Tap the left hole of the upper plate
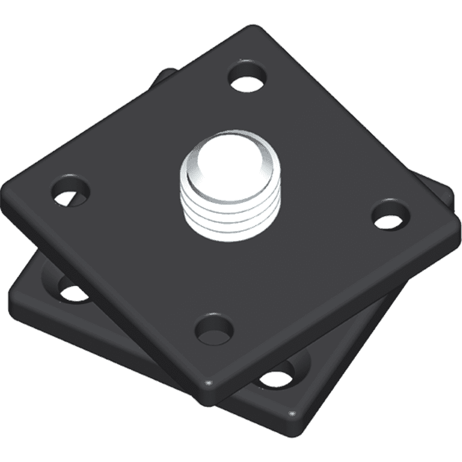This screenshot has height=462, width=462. click(72, 191)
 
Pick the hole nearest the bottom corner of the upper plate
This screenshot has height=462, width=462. click(214, 328)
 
